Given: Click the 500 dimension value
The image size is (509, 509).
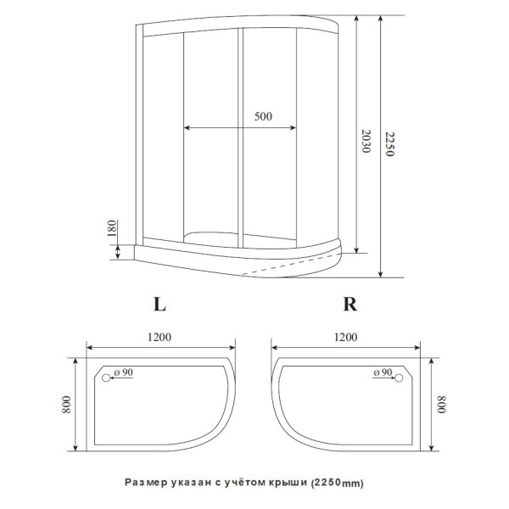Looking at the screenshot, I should [263, 117].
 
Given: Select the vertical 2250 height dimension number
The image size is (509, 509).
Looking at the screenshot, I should [390, 146].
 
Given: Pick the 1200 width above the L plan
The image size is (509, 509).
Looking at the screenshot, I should [160, 337].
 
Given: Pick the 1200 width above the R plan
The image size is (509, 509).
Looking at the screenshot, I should [345, 337].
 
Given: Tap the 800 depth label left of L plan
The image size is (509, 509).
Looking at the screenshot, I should [67, 405].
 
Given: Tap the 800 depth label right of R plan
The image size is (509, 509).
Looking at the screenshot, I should [441, 405].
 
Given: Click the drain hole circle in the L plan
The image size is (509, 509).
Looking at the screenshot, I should [106, 378].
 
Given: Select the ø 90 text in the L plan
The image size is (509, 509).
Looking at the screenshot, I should [124, 372].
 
